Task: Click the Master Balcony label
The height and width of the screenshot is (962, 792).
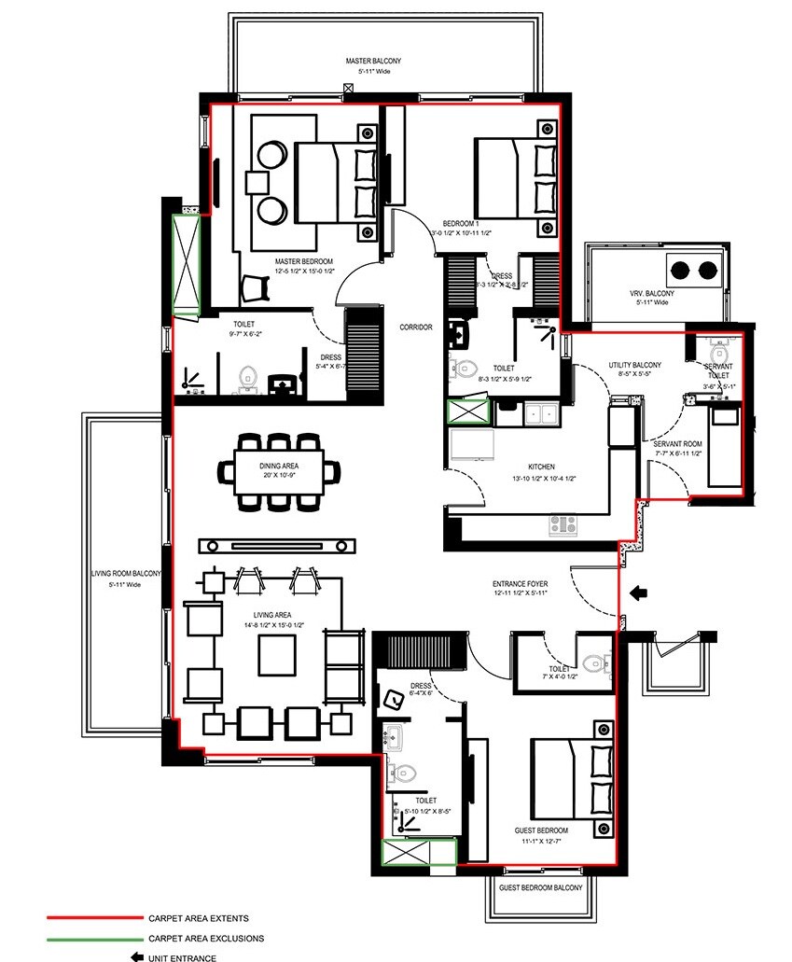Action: (x=373, y=61)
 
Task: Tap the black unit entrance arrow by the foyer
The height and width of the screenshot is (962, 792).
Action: (x=639, y=592)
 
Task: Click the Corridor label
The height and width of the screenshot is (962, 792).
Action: (x=414, y=328)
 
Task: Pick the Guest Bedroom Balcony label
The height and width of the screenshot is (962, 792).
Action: (x=541, y=888)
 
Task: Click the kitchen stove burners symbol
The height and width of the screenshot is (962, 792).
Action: (x=562, y=524)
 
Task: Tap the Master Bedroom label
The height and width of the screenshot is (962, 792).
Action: (x=304, y=260)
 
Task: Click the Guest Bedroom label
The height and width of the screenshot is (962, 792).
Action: (x=541, y=830)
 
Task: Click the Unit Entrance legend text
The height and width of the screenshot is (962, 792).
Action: (x=182, y=957)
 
